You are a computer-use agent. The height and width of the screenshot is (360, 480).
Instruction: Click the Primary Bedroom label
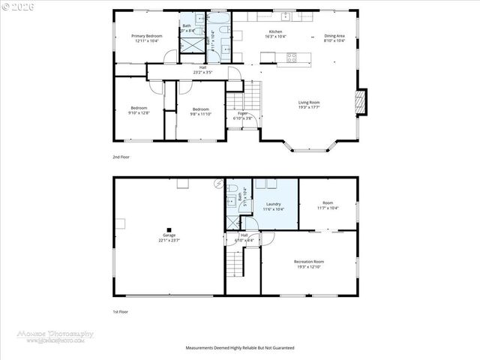pyautogui.click(x=147, y=38)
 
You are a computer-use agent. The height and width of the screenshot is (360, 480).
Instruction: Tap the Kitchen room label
pyautogui.click(x=276, y=34)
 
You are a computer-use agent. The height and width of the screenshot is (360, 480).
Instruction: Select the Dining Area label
pyautogui.click(x=334, y=38)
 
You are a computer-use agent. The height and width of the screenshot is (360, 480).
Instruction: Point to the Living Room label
pyautogui.click(x=310, y=104)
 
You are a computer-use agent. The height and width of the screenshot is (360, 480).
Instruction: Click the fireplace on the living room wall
pyautogui.click(x=361, y=103)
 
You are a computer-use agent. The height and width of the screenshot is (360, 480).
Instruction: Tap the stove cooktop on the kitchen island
pyautogui.click(x=292, y=57)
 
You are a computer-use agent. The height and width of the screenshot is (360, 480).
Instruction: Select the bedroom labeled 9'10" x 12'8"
pyautogui.click(x=139, y=110)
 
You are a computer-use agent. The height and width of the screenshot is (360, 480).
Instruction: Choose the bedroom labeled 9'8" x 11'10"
pyautogui.click(x=201, y=111)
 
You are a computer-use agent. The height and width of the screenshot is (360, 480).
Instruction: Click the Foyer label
pyautogui.click(x=243, y=115)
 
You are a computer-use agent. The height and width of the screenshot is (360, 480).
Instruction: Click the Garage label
pyautogui.click(x=169, y=238)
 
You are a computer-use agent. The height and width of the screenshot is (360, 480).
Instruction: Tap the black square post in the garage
pyautogui.click(x=169, y=229)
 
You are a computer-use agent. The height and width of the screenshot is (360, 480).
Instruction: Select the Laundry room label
pyautogui.click(x=274, y=206)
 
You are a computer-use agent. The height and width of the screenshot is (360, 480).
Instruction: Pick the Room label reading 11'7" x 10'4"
pyautogui.click(x=328, y=205)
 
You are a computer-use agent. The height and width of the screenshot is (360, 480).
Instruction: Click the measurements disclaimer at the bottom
pyautogui.click(x=240, y=348)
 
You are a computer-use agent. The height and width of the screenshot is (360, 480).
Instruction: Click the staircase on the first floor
pyautogui.click(x=236, y=263)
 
